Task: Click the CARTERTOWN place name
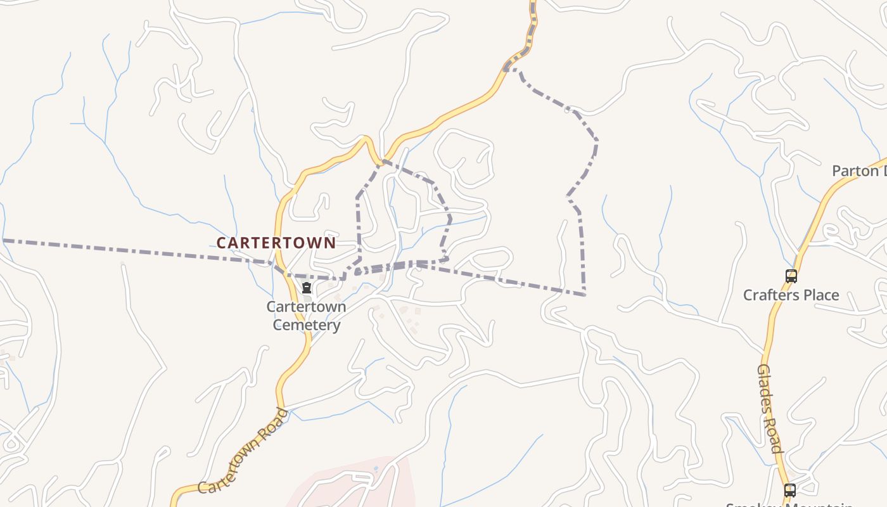(x=276, y=243)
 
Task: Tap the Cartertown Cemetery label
(x=306, y=316)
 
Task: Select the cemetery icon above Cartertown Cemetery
(x=307, y=288)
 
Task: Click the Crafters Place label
(x=791, y=295)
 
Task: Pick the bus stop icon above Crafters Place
(x=791, y=276)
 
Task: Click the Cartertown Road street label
(x=243, y=451)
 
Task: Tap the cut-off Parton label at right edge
(x=859, y=170)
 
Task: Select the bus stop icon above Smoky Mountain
(x=789, y=490)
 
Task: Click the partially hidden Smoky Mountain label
(x=789, y=504)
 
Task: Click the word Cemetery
(x=307, y=325)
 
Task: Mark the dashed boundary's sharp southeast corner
(x=584, y=295)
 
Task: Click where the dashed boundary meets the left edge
(x=2, y=240)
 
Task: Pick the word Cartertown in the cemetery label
(x=306, y=307)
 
